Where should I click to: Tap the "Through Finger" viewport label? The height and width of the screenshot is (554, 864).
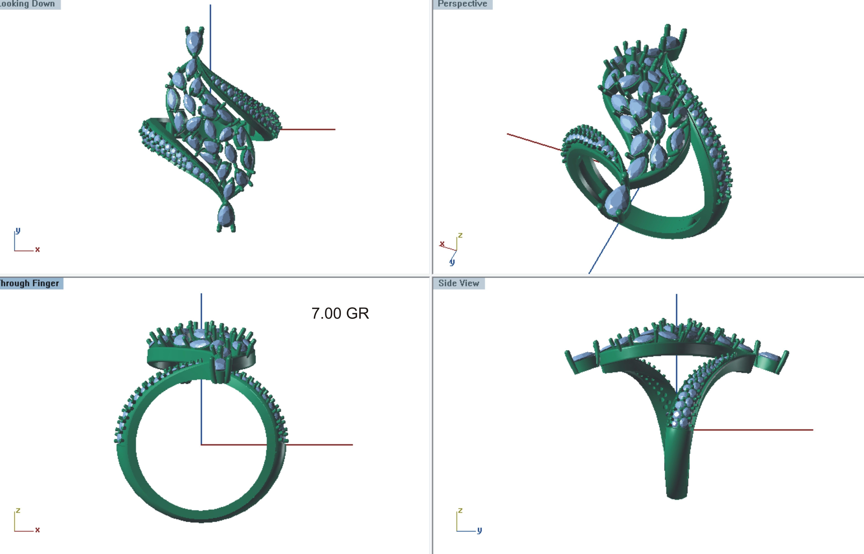(x=30, y=284)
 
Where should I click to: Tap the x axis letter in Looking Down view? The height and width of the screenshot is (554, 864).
(x=37, y=249)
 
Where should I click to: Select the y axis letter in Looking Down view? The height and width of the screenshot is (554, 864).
(x=18, y=230)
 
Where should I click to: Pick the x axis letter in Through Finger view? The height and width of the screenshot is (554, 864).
(x=37, y=530)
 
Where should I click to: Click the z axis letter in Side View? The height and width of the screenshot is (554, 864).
(x=460, y=510)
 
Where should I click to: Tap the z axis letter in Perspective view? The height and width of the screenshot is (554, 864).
(x=460, y=235)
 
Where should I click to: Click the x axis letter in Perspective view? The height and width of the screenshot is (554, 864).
(x=442, y=244)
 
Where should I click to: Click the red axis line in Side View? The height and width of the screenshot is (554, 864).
(x=755, y=429)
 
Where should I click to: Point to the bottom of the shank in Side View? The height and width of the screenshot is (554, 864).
(x=677, y=495)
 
